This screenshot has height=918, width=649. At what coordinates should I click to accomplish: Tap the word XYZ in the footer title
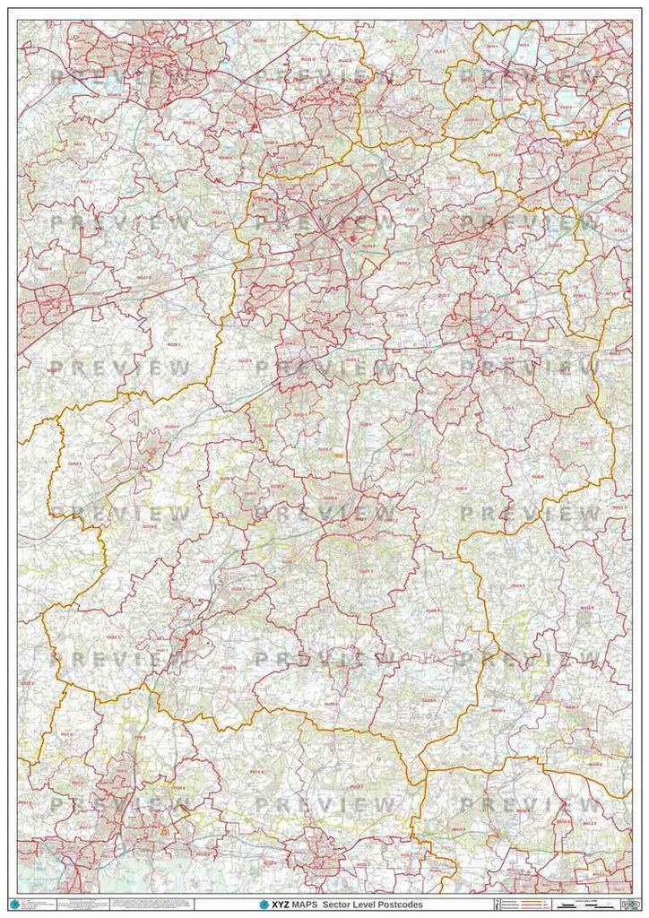point(281,905)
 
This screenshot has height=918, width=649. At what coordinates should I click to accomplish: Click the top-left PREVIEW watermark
point(120,77)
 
